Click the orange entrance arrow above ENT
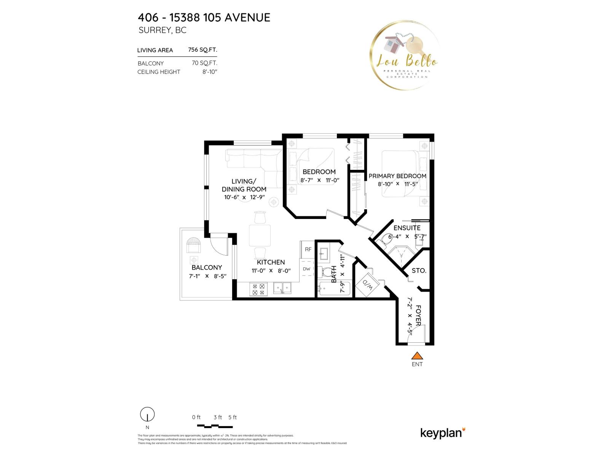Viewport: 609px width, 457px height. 417,356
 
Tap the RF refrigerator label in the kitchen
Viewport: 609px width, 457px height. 308,249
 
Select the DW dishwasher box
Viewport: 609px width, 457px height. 307,269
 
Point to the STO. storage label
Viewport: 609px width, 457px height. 419,271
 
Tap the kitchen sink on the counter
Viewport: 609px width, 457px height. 282,288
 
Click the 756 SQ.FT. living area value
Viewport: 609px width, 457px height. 202,50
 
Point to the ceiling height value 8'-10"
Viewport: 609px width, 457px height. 209,72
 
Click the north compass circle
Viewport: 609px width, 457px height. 147,414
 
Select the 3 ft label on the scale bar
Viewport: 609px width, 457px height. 218,417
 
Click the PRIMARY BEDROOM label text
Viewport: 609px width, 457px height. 397,176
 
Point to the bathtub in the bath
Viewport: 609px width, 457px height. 334,289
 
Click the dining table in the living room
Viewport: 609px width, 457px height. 260,235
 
